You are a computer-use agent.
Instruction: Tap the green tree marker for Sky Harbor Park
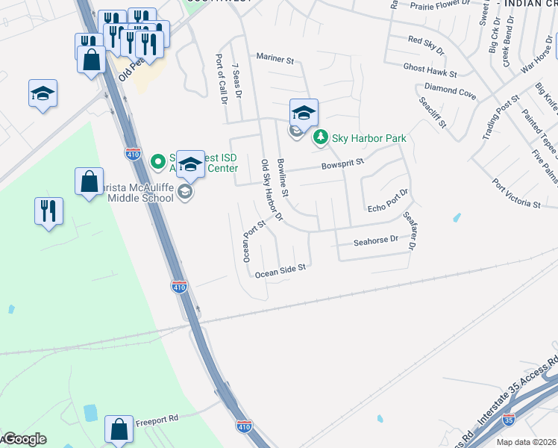[320, 137]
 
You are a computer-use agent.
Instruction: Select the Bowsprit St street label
[342, 162]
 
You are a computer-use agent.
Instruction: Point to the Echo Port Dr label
[388, 201]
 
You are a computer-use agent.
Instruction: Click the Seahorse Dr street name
[376, 241]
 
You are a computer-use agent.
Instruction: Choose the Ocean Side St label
[280, 270]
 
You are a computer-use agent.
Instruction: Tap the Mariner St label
[276, 57]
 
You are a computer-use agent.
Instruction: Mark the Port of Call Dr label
[220, 78]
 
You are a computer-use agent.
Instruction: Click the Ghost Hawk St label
[430, 71]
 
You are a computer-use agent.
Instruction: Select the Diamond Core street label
[451, 93]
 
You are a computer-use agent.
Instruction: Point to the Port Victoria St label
[516, 193]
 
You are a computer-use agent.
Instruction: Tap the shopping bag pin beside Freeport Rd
[119, 429]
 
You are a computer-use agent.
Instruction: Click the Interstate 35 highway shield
[508, 420]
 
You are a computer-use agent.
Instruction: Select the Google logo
[24, 439]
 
